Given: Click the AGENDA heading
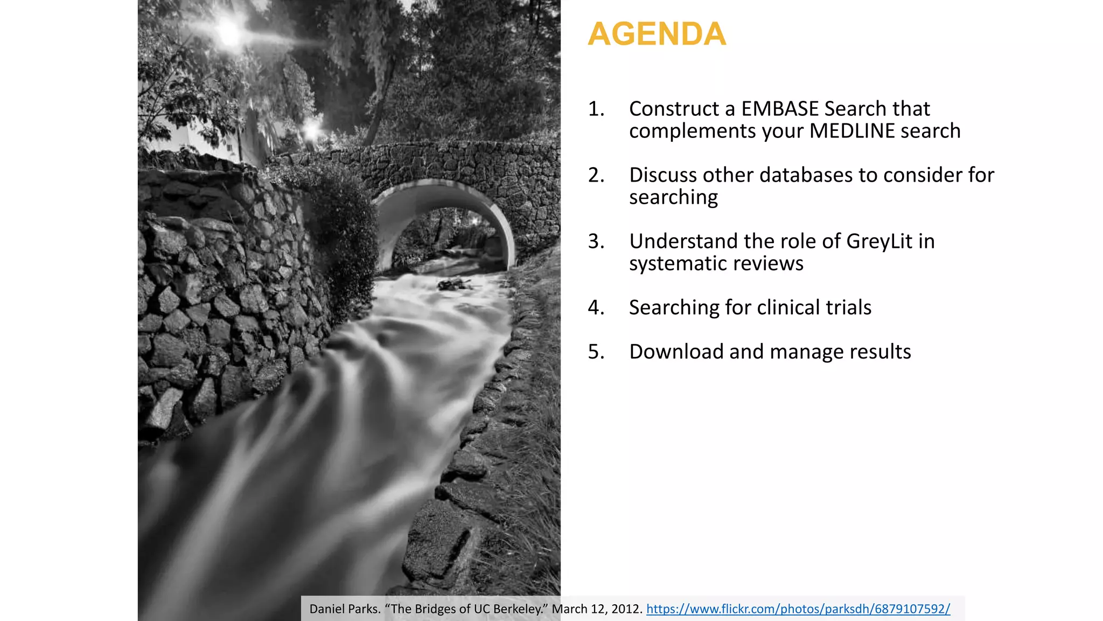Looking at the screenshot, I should tap(657, 34).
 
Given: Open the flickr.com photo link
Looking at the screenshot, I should tap(798, 609).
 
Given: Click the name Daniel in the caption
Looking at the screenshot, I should tap(326, 609).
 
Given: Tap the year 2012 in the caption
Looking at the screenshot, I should tap(626, 609).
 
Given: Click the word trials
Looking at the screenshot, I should tap(851, 308).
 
